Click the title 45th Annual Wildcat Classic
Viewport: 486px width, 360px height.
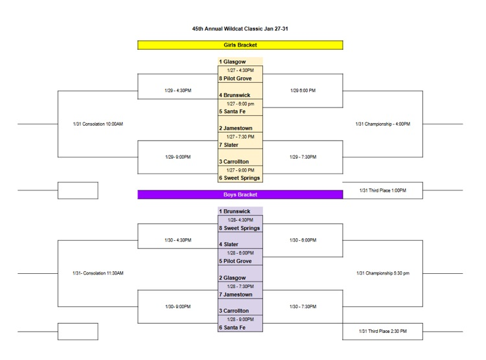click(240, 29)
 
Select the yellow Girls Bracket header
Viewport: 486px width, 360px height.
click(240, 45)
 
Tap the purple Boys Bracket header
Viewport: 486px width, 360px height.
click(240, 194)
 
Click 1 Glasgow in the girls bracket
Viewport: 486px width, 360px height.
click(233, 62)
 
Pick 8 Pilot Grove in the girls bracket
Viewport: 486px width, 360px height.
click(236, 78)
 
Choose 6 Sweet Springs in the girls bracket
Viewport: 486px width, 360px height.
click(240, 178)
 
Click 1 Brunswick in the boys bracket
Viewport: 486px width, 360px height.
click(235, 212)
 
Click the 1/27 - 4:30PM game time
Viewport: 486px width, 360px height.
click(240, 70)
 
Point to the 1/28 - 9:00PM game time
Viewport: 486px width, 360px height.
click(240, 319)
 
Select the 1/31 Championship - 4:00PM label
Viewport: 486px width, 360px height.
click(383, 124)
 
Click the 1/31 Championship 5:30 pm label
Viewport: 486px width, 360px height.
click(383, 273)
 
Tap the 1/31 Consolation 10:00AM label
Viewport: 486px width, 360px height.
click(98, 124)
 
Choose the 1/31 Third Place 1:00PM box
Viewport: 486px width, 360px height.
click(382, 190)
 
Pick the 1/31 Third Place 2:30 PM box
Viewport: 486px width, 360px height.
click(382, 332)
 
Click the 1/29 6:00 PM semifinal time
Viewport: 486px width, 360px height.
click(303, 91)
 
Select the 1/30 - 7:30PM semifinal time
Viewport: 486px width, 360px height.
click(303, 307)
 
